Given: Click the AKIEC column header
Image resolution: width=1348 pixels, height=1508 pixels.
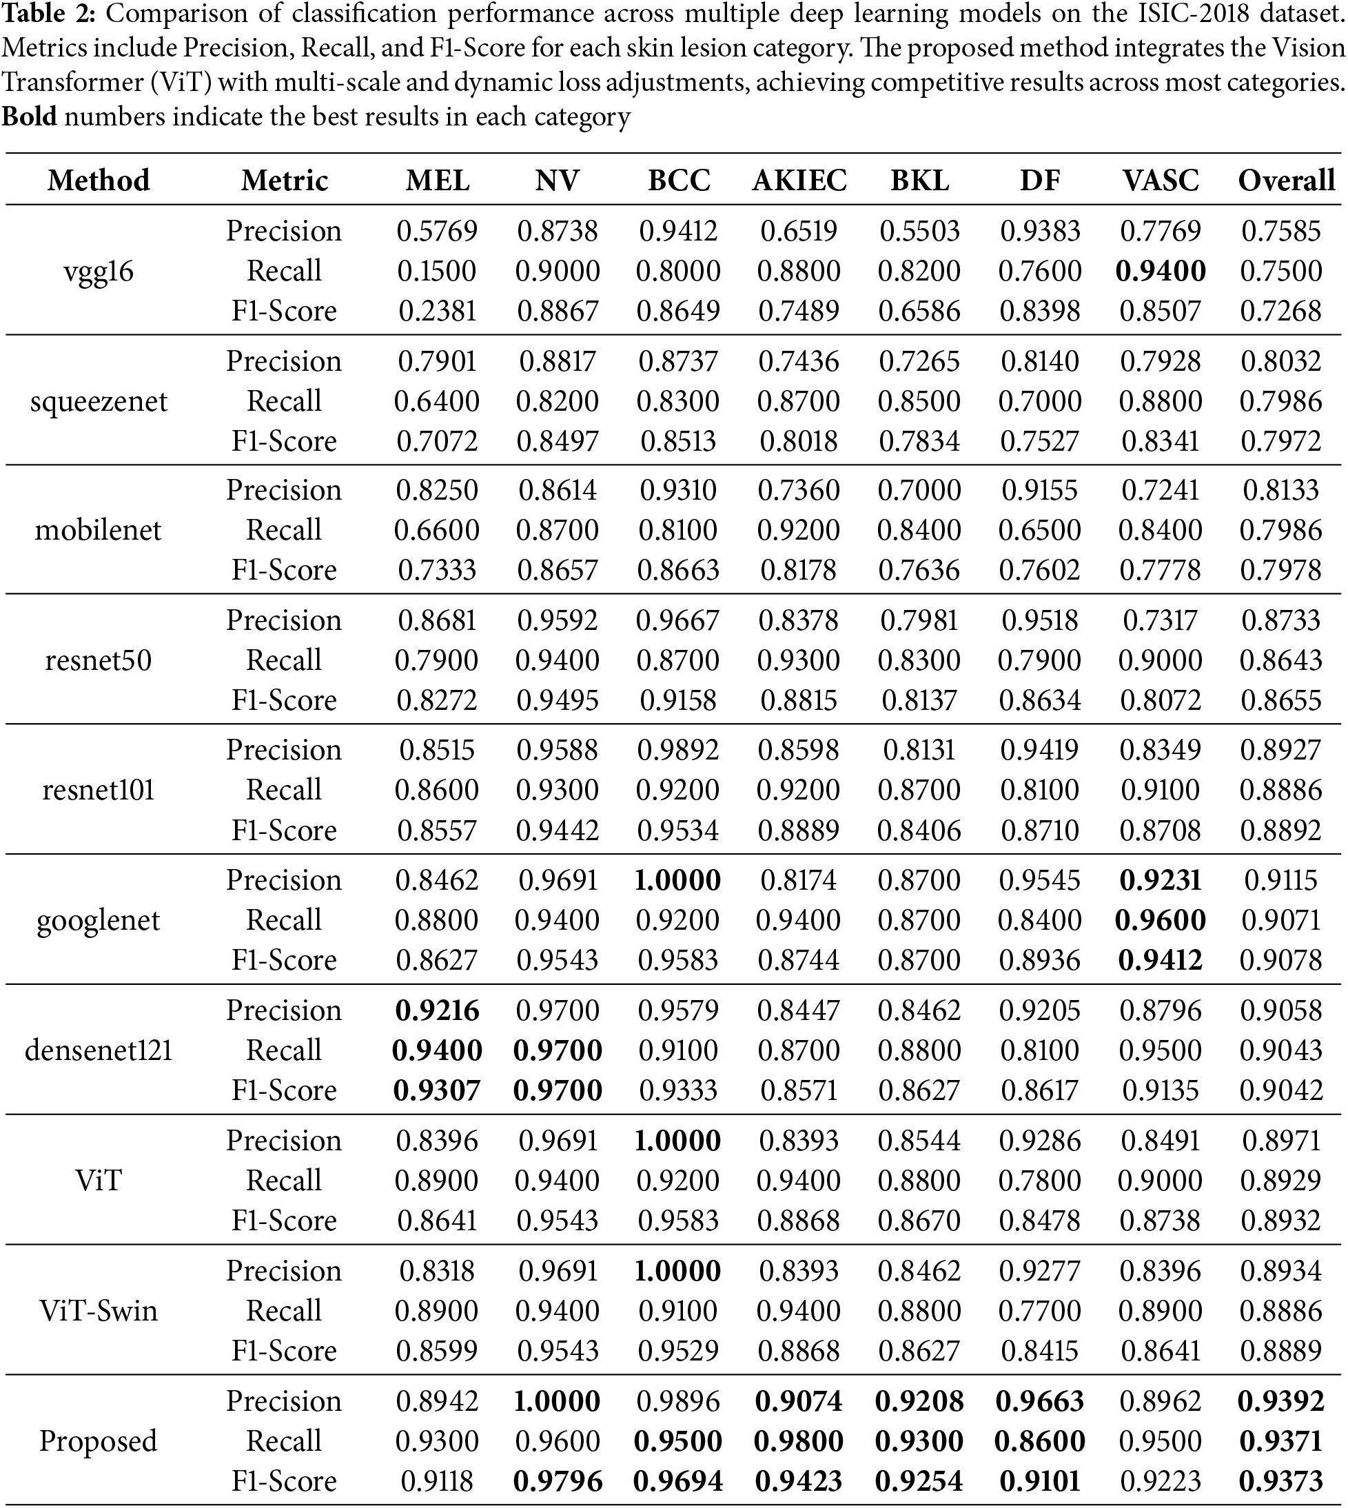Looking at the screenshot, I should pyautogui.click(x=799, y=181).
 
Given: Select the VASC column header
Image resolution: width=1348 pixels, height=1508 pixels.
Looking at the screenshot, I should pyautogui.click(x=1160, y=181).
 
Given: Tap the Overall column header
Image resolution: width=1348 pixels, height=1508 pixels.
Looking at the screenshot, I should pyautogui.click(x=1286, y=181).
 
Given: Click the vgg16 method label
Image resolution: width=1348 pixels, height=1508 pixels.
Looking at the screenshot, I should pyautogui.click(x=99, y=271).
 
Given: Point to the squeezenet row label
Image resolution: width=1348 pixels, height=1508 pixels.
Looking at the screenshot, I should pyautogui.click(x=99, y=401).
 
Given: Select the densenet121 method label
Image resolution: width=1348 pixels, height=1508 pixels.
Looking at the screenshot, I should pyautogui.click(x=99, y=1050).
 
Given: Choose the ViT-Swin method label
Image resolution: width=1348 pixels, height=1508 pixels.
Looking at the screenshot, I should pyautogui.click(x=99, y=1311).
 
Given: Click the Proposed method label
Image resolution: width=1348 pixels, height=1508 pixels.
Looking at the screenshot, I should pyautogui.click(x=99, y=1441).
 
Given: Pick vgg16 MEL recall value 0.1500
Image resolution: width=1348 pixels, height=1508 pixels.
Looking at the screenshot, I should pyautogui.click(x=437, y=271).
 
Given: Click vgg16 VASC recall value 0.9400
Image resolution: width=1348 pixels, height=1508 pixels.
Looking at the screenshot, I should pyautogui.click(x=1160, y=271).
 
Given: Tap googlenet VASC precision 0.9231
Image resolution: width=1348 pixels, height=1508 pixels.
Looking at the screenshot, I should pyautogui.click(x=1160, y=880).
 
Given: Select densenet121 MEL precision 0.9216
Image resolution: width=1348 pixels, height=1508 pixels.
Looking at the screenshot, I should pyautogui.click(x=437, y=1010).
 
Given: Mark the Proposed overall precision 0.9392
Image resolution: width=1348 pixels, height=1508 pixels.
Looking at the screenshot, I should pyautogui.click(x=1281, y=1401).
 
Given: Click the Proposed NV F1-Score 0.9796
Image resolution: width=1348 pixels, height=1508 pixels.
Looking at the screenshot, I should pyautogui.click(x=558, y=1481).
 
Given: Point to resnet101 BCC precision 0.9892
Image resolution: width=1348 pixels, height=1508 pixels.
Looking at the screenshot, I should pyautogui.click(x=678, y=751).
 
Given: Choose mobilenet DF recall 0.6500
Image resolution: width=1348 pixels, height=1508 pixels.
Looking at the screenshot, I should pyautogui.click(x=1040, y=530).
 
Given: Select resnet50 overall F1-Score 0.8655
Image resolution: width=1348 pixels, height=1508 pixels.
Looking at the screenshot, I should pyautogui.click(x=1281, y=701).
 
